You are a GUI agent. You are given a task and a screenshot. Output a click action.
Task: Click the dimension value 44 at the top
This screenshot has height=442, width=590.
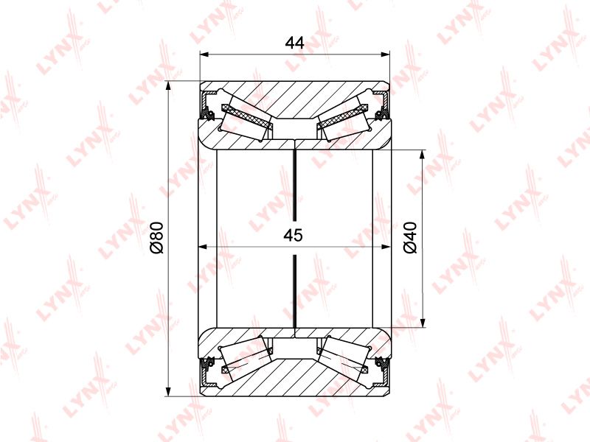pos(294,43)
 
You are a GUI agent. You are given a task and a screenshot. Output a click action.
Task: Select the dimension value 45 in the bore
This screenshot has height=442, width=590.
pos(293,235)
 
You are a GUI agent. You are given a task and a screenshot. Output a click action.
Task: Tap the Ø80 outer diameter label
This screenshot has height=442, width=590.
pos(156,237)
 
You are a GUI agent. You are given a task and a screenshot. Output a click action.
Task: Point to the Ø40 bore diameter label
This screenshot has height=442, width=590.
pos(410,237)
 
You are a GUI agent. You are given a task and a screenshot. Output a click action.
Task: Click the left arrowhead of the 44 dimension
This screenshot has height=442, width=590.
pos(204,55)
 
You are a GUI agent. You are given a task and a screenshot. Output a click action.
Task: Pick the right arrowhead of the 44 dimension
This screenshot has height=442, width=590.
pos(385,55)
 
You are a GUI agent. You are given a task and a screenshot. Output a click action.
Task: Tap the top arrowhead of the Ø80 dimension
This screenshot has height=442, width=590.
pos(168,85)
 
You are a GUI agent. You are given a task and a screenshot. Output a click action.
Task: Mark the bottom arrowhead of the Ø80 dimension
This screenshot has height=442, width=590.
pos(168,391)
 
